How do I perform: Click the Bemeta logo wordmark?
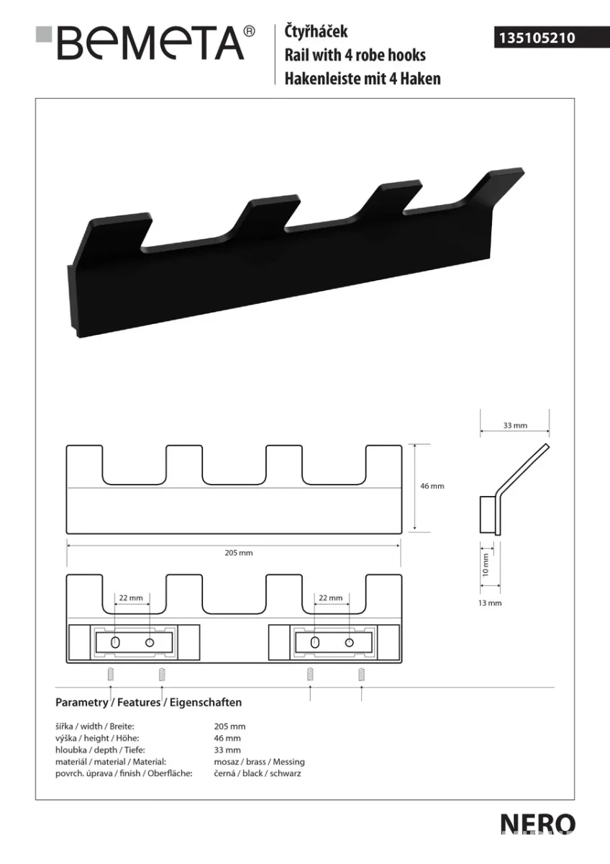pos(150,42)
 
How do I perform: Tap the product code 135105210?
pos(537,37)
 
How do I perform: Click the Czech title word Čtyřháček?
pos(316,31)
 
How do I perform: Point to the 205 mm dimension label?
pos(239,553)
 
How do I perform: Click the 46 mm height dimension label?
pos(432,486)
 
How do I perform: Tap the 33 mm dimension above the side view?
pos(515,426)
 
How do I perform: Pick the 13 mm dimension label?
pos(490,603)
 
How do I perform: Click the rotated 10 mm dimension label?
pos(486,564)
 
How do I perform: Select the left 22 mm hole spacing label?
pos(131,598)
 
